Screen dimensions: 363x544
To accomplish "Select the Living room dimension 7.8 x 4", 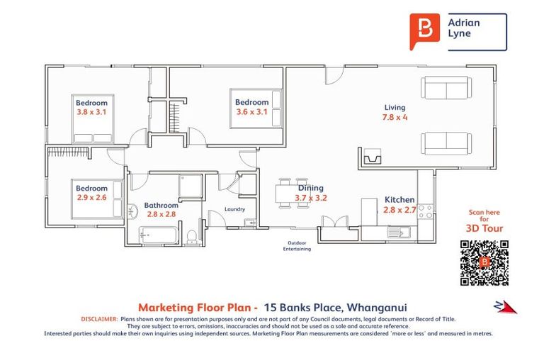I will click(x=395, y=118).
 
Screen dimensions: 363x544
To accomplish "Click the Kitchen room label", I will click(x=399, y=200).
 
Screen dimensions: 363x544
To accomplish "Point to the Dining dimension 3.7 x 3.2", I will click(x=311, y=199).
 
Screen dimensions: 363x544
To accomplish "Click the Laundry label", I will click(x=234, y=209).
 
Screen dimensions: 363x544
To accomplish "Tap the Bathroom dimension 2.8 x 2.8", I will click(x=161, y=213).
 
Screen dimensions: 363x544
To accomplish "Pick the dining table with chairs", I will click(x=293, y=192).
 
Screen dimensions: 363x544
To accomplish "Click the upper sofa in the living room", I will click(x=444, y=89).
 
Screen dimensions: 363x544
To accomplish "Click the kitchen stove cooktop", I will click(x=425, y=211).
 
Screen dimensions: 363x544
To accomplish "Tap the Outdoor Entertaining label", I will click(x=294, y=246).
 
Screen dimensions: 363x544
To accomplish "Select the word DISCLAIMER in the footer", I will click(x=99, y=320).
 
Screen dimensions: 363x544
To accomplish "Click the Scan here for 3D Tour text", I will click(x=484, y=220).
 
